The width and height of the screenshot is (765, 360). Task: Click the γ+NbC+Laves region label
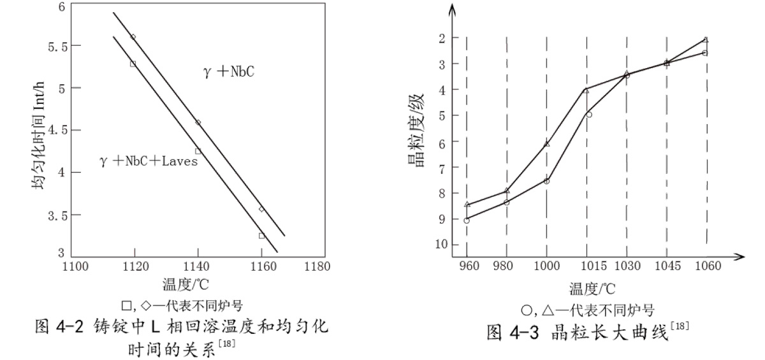tap(149, 162)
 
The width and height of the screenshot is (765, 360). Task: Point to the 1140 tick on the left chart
tap(198, 268)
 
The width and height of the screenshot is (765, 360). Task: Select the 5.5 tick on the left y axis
tap(52, 46)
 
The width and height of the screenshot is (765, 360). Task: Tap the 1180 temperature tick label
tap(314, 268)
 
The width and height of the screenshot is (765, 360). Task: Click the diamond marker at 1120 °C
tap(133, 37)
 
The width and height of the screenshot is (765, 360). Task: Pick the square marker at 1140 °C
tap(198, 151)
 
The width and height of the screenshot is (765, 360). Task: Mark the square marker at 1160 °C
tap(261, 236)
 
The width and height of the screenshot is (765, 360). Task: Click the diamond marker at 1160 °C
tap(261, 209)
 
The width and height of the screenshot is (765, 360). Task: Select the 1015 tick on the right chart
tap(586, 268)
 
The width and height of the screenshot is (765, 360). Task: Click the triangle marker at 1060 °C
tap(705, 40)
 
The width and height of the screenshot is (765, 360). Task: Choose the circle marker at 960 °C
tap(467, 220)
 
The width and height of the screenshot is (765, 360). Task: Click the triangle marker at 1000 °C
tap(546, 144)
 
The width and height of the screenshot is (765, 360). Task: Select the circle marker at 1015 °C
tap(588, 115)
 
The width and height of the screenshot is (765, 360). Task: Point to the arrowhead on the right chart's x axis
tap(741, 257)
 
